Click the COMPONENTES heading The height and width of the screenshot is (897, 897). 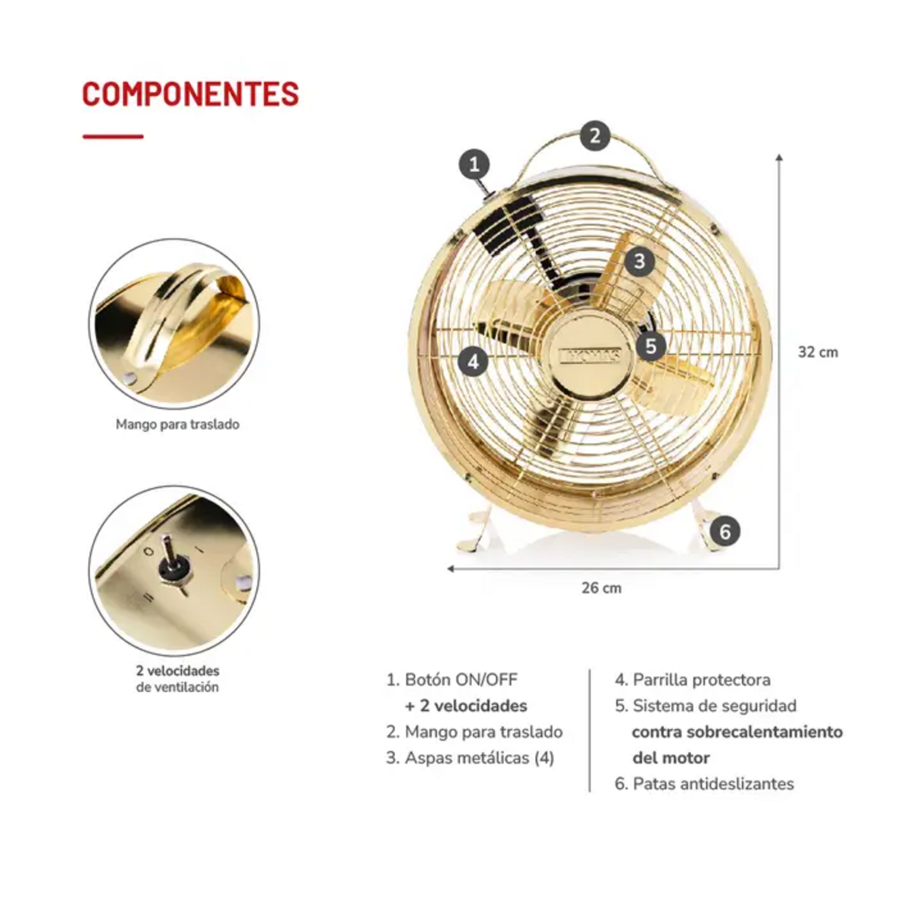point(190,94)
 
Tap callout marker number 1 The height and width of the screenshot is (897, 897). point(474,164)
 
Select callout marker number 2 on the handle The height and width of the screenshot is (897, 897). point(594,135)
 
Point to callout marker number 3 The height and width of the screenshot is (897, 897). point(639,261)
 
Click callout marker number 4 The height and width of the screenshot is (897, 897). point(473,361)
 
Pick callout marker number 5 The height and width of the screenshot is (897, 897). point(651,346)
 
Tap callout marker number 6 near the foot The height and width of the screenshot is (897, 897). point(725,531)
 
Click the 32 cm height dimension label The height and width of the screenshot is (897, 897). point(817,352)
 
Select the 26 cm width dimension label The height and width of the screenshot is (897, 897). point(601,588)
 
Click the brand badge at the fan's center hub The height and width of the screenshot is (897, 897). point(590,356)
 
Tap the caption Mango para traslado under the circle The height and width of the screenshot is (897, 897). point(177,425)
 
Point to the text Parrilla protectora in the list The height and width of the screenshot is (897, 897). point(701,680)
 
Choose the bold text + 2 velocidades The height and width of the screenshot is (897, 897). point(466,706)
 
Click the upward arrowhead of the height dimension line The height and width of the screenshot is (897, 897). point(779,157)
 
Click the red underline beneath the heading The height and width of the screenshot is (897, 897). point(113,137)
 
